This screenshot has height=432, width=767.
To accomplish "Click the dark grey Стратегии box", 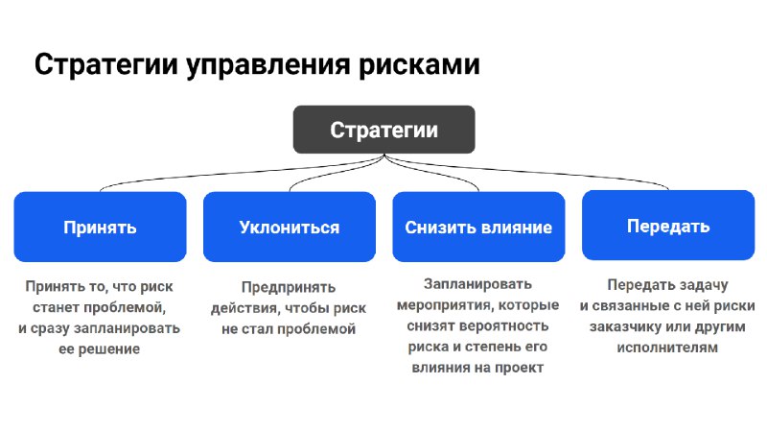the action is pyautogui.click(x=384, y=130).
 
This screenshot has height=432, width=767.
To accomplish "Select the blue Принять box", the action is pyautogui.click(x=100, y=227).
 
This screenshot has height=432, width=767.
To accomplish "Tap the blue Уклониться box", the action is pyautogui.click(x=290, y=227).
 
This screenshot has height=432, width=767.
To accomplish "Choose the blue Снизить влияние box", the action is pyautogui.click(x=478, y=227).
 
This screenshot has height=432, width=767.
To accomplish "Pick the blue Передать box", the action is pyautogui.click(x=668, y=226).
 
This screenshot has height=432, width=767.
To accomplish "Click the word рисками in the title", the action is pyautogui.click(x=419, y=64).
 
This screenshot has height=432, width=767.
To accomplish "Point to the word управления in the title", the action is pyautogui.click(x=268, y=65).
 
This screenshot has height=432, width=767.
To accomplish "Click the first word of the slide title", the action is pyautogui.click(x=106, y=64).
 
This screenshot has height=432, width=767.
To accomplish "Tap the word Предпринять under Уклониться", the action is pyautogui.click(x=289, y=287).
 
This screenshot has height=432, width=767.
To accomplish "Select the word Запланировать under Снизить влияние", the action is pyautogui.click(x=477, y=284).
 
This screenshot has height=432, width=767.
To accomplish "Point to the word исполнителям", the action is pyautogui.click(x=667, y=348).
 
